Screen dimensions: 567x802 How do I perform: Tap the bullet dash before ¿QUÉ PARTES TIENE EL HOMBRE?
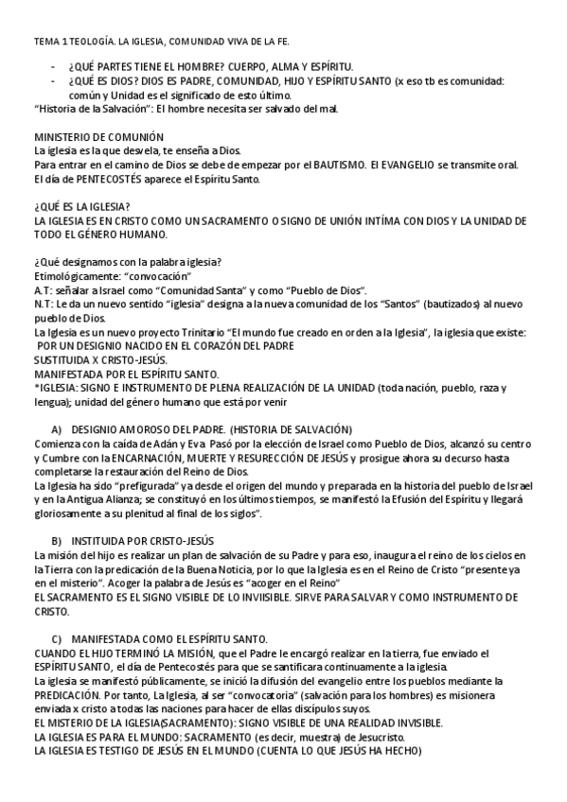[53, 66]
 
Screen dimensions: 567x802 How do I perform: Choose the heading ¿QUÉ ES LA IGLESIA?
[82, 207]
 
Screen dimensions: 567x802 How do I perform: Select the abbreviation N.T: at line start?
[44, 305]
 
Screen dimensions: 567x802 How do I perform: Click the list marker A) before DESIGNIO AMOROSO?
[57, 428]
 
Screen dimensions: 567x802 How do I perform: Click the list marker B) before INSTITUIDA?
[57, 540]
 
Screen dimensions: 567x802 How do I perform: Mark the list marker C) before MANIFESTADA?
[57, 638]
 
